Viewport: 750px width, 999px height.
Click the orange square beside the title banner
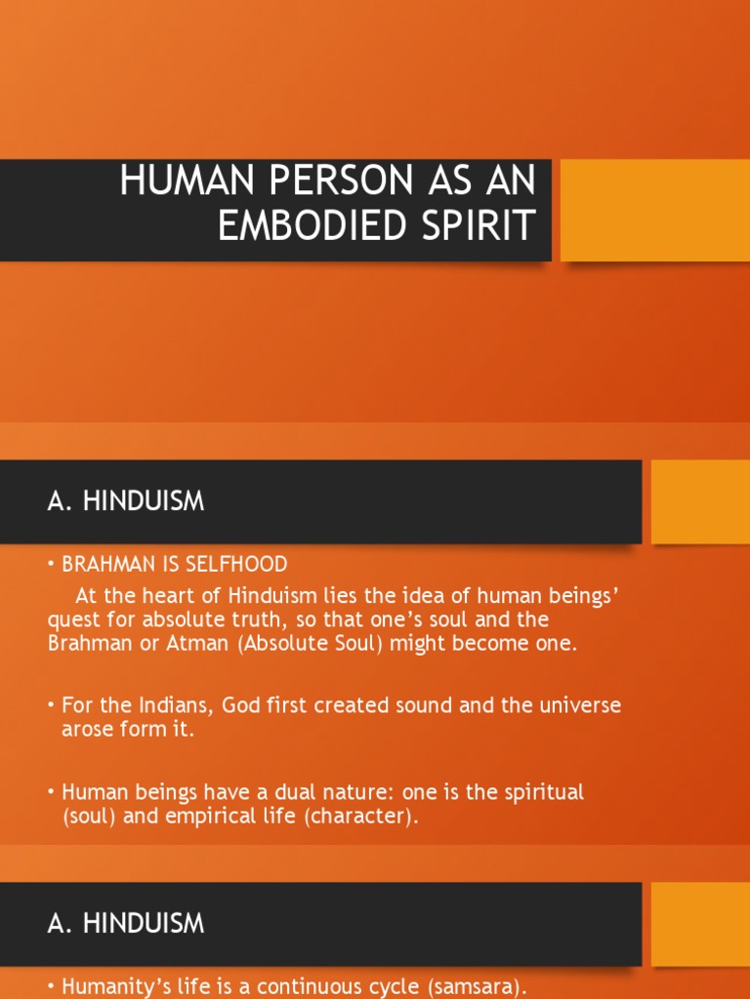654,210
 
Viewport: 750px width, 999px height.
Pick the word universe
575,704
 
